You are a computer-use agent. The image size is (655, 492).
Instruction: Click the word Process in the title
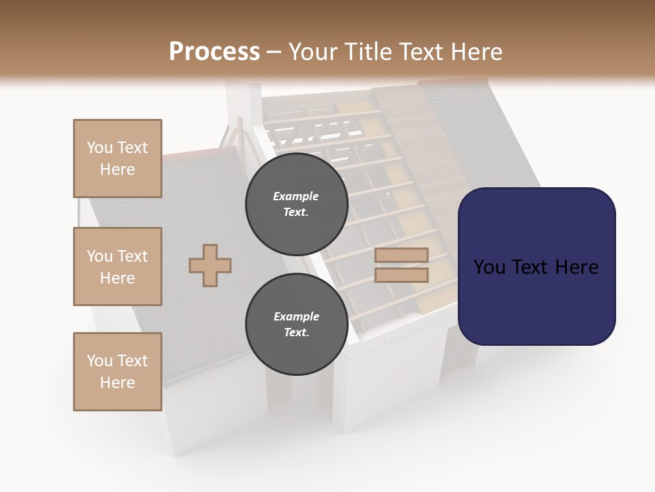[214, 52]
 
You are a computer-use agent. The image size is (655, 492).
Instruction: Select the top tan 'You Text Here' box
[117, 159]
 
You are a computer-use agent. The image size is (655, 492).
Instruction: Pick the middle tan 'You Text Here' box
[117, 266]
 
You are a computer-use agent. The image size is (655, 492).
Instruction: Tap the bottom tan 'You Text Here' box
[117, 372]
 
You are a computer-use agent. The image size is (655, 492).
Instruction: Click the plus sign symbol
[210, 265]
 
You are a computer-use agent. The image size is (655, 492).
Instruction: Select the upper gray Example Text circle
[297, 204]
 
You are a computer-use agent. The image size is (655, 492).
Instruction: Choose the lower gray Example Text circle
[297, 325]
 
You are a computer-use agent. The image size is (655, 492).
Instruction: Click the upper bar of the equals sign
[401, 255]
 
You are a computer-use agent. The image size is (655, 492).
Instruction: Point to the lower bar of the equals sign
[401, 275]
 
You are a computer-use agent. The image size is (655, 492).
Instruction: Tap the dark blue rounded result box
[536, 266]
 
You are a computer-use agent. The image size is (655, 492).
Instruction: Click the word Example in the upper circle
[296, 196]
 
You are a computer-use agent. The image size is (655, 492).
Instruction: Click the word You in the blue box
[489, 267]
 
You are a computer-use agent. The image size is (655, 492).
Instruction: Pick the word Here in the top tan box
[117, 169]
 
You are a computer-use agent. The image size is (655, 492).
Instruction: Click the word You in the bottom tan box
[100, 361]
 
